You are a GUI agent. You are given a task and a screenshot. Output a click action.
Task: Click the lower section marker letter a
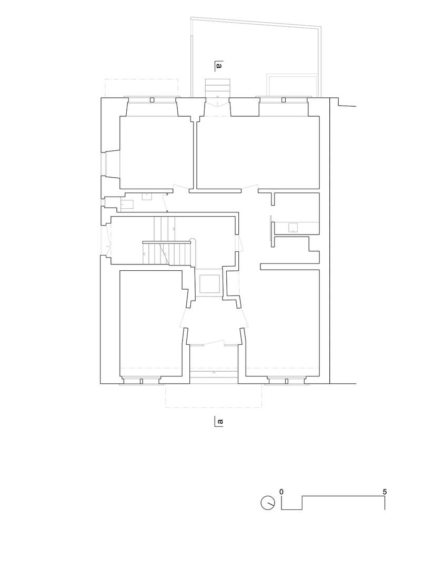point(220,422)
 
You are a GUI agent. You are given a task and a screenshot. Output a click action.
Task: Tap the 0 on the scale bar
point(282,492)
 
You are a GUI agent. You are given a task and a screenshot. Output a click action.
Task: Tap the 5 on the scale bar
point(385,492)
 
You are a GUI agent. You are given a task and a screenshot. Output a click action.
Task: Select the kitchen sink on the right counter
point(292,227)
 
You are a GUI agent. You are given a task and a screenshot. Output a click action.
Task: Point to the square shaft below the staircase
point(209,283)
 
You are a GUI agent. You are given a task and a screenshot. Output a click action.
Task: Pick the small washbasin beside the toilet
point(147,197)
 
